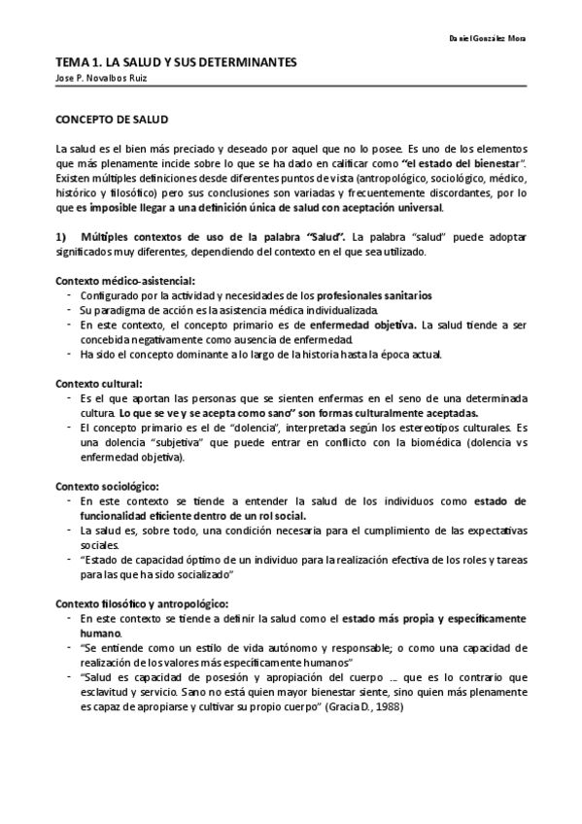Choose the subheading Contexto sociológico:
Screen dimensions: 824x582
(x=107, y=485)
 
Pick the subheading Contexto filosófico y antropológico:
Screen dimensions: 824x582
(x=142, y=601)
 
